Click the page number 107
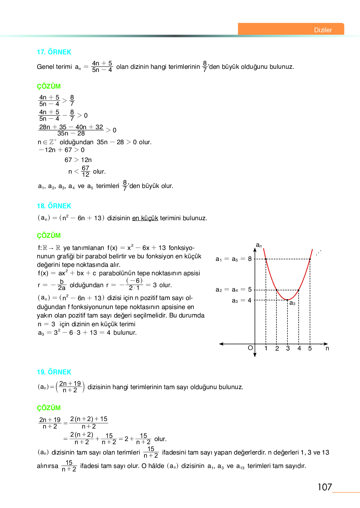point(325,487)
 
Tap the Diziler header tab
point(323,30)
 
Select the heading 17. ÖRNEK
point(54,52)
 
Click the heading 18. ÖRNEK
point(54,206)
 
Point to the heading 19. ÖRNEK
point(54,372)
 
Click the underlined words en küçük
point(145,218)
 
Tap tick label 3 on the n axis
point(288,348)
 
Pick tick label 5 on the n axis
point(310,348)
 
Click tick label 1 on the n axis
point(266,348)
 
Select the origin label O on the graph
point(250,348)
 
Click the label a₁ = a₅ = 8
point(233,259)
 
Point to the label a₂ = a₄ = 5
point(233,290)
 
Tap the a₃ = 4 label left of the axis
point(242,301)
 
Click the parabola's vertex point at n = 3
point(287,300)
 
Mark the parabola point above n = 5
point(310,259)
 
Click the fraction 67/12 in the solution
point(85,171)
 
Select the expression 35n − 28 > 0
point(117,142)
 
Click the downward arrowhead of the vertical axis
point(255,355)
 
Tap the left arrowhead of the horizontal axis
point(221,344)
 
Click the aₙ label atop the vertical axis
point(259,246)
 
